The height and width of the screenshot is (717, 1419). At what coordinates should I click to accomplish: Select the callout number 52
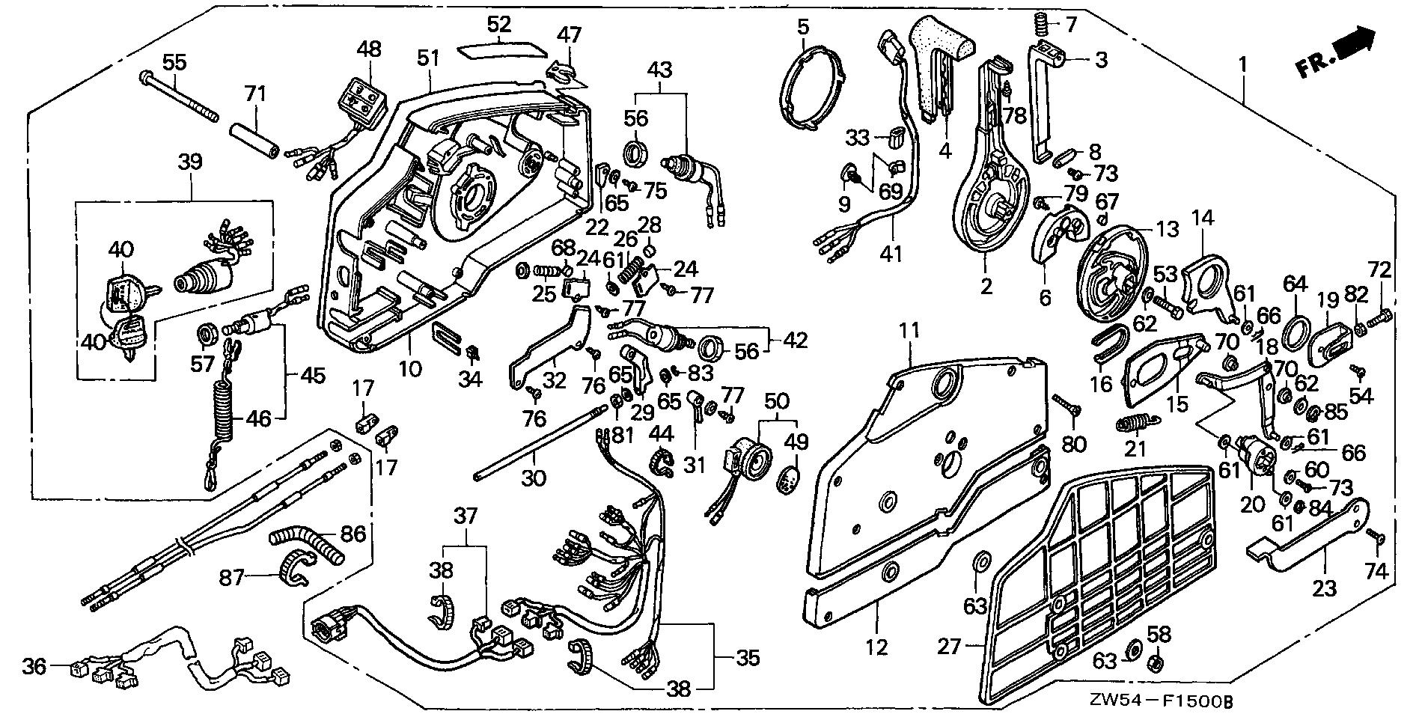[x=498, y=24]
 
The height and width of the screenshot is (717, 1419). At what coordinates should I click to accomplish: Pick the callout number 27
[x=948, y=647]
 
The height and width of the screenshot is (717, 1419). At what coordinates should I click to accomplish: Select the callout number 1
[x=1242, y=65]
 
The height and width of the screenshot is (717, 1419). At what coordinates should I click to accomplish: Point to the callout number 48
[x=369, y=49]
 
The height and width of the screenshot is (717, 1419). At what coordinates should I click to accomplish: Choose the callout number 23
[x=1324, y=588]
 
